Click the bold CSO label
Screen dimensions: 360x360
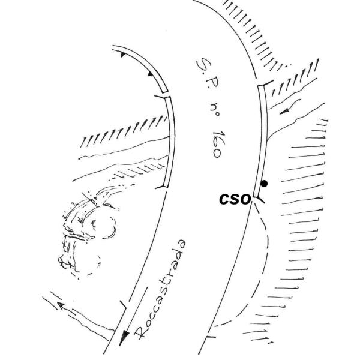pos(235,199)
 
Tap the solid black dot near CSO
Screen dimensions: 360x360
pos(264,184)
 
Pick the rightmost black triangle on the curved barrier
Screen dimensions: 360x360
pos(148,73)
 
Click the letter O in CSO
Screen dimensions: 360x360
pos(245,199)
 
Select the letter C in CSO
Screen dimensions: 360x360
pos(225,199)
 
